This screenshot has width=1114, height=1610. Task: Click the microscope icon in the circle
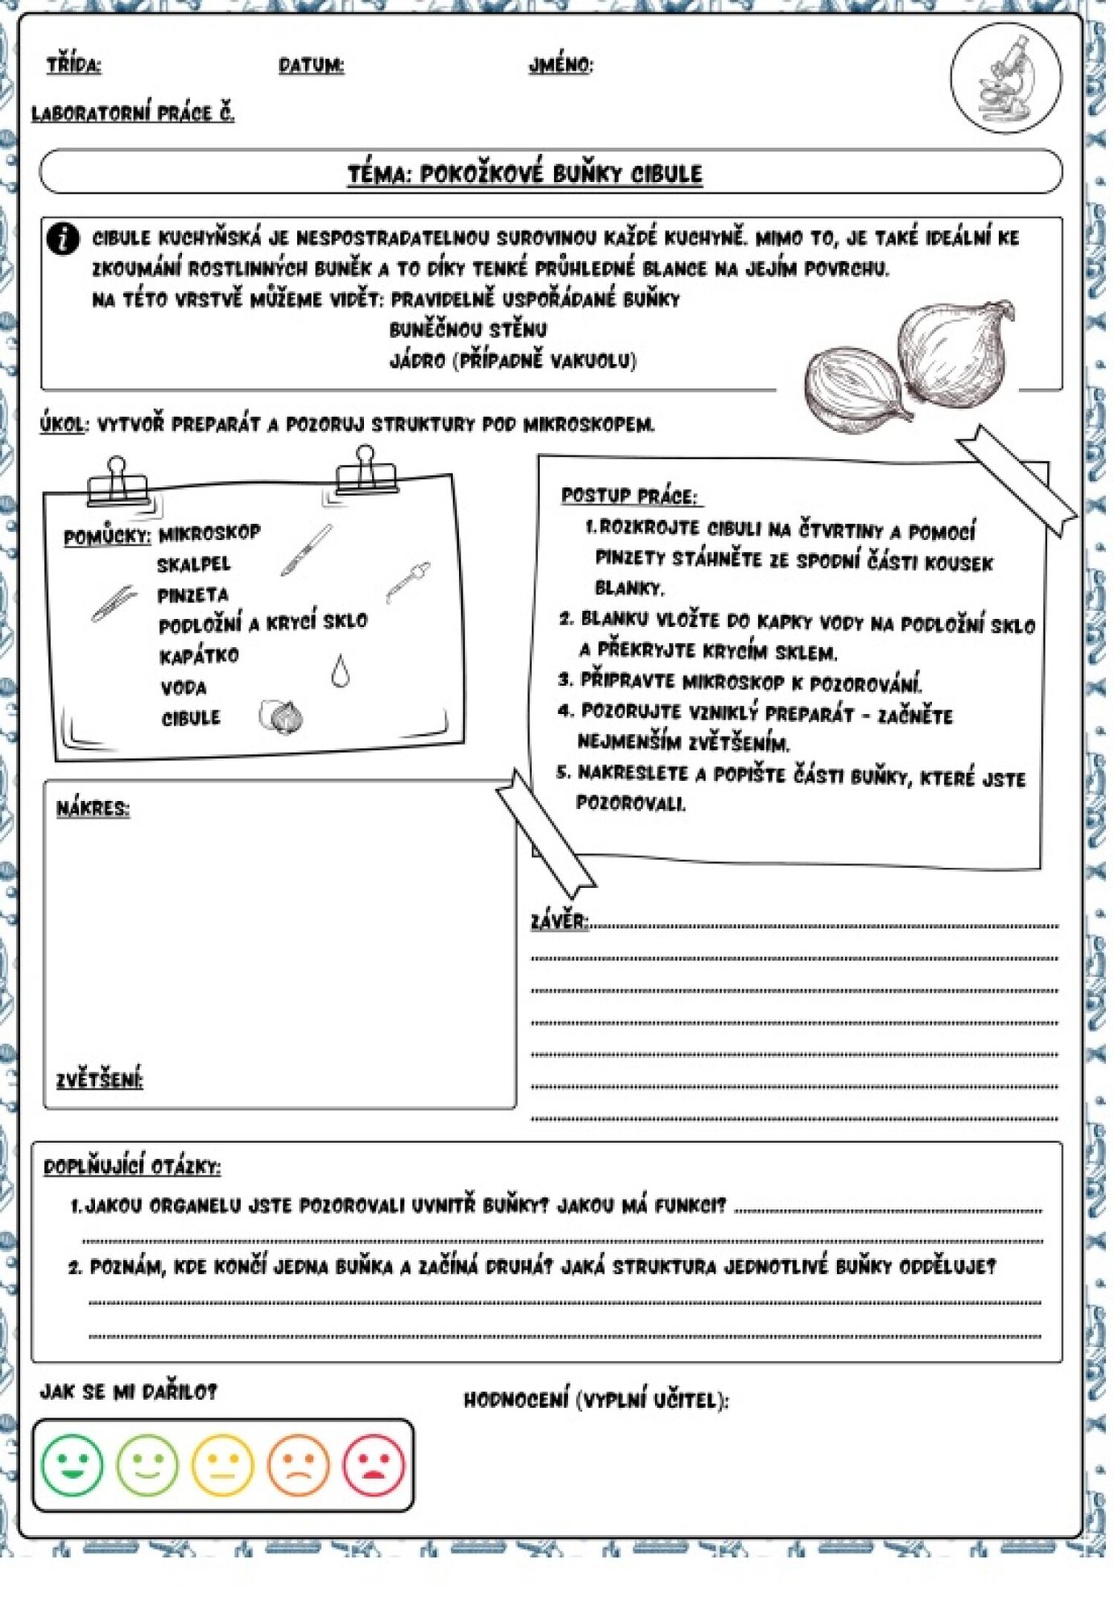tap(1006, 78)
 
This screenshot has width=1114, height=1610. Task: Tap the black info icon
tap(63, 239)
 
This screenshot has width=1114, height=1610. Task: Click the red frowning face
tap(374, 1464)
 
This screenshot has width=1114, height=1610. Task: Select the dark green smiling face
tap(72, 1464)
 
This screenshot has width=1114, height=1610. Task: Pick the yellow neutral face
tap(223, 1464)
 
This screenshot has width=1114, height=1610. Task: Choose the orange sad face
tap(299, 1464)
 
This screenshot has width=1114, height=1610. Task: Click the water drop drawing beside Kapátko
tap(340, 671)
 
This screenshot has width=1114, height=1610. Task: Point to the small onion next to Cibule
tap(282, 716)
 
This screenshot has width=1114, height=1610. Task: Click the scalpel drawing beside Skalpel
tap(307, 550)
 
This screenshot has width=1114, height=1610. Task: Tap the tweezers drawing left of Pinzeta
tap(113, 603)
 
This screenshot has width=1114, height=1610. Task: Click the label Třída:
tap(74, 65)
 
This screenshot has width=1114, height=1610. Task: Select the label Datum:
tap(312, 65)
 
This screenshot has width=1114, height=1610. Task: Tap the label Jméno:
tap(561, 65)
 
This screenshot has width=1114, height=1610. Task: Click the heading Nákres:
tap(93, 807)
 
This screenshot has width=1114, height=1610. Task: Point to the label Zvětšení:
tap(99, 1080)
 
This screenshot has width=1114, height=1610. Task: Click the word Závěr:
tap(559, 921)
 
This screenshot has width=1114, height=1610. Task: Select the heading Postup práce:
tap(629, 496)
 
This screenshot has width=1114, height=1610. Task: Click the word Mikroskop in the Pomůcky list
tap(209, 533)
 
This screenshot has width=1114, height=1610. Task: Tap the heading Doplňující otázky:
tap(131, 1166)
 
